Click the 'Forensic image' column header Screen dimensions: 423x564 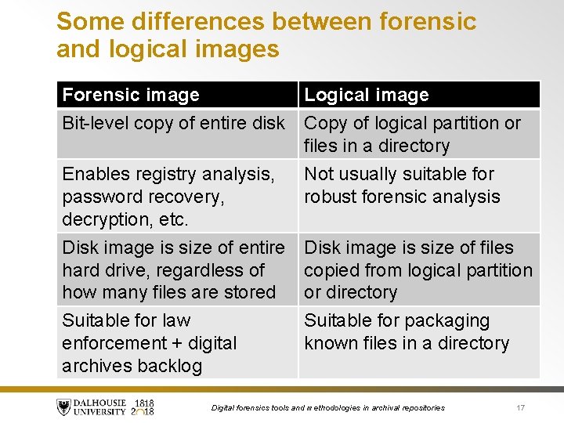pyautogui.click(x=131, y=96)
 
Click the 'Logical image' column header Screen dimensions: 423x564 pyautogui.click(x=367, y=96)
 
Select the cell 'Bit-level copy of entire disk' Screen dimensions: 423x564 pyautogui.click(x=174, y=124)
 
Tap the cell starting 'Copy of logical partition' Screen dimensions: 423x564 pyautogui.click(x=412, y=134)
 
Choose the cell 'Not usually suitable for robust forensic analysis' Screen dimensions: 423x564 pyautogui.click(x=402, y=185)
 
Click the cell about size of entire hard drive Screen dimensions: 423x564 pyautogui.click(x=173, y=269)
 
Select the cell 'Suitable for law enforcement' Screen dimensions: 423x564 pyautogui.click(x=149, y=343)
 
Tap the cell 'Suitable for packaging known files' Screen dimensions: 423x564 pyautogui.click(x=407, y=331)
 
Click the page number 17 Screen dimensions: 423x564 pyautogui.click(x=520, y=407)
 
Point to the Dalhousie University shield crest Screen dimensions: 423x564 pyautogui.click(x=63, y=407)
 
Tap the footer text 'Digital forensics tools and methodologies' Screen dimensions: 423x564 pyautogui.click(x=328, y=408)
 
